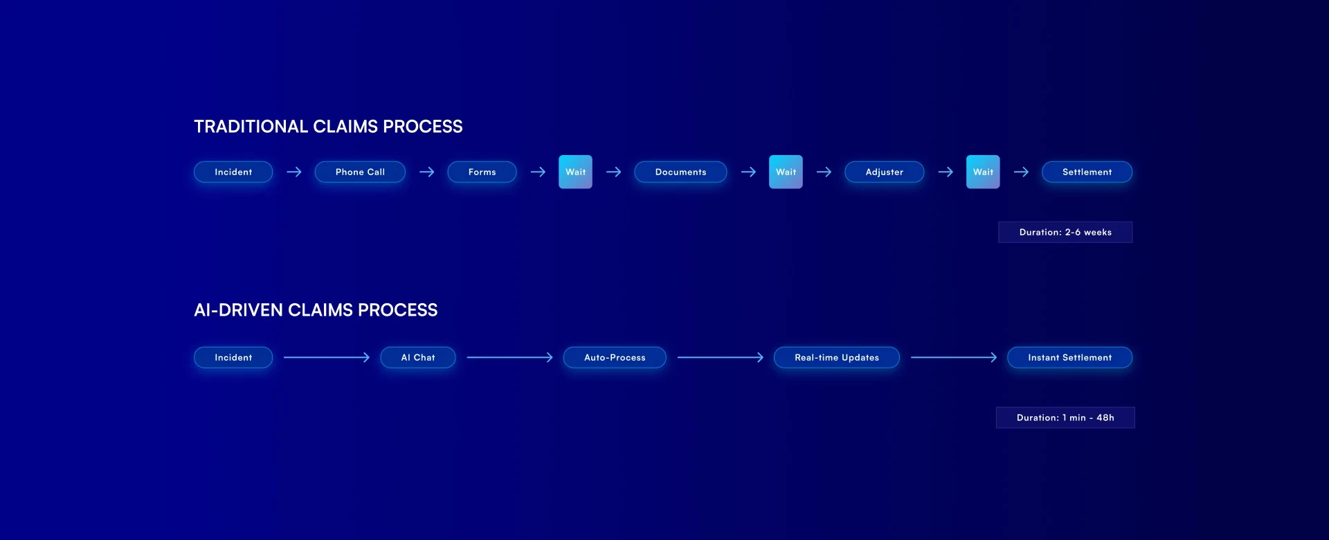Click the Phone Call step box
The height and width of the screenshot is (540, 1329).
(360, 172)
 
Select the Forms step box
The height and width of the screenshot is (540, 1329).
(482, 172)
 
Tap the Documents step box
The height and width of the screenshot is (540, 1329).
(680, 172)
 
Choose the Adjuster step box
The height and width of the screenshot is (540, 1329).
(884, 172)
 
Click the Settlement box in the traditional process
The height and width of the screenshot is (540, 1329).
(1087, 172)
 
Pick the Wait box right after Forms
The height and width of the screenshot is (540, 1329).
(575, 172)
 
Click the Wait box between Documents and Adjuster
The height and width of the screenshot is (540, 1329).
(786, 172)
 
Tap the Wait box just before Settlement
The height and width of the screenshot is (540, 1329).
(983, 172)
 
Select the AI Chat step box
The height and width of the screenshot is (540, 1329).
(418, 357)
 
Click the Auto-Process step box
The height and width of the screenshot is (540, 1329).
(615, 357)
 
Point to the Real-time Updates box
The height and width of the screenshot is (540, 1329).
(836, 357)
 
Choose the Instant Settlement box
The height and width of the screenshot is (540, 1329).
(1069, 357)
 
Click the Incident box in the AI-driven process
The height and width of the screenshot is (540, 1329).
(233, 357)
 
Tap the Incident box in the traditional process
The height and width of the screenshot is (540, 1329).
(233, 172)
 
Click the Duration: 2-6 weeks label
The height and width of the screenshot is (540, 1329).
(1065, 232)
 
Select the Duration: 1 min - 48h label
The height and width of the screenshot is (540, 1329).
(1065, 417)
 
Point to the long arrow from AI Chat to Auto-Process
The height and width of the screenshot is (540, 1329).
(509, 357)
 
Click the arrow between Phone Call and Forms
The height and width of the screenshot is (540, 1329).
(426, 172)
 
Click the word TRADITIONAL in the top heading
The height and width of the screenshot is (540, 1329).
(251, 127)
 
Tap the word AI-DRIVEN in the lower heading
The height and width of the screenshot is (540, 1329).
(238, 310)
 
